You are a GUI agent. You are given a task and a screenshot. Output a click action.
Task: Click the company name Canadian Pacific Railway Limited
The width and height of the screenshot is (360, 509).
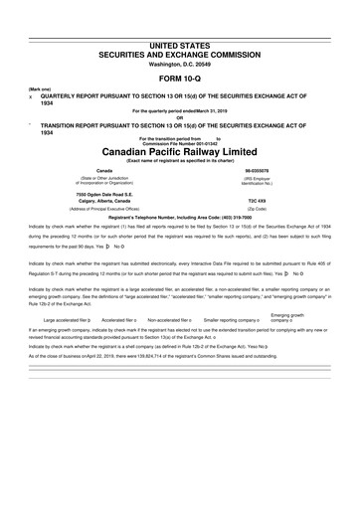coord(179,152)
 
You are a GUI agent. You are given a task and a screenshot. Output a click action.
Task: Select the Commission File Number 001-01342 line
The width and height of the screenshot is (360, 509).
coord(179,142)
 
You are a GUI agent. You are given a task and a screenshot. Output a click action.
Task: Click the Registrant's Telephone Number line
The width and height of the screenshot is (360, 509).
coord(179,219)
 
